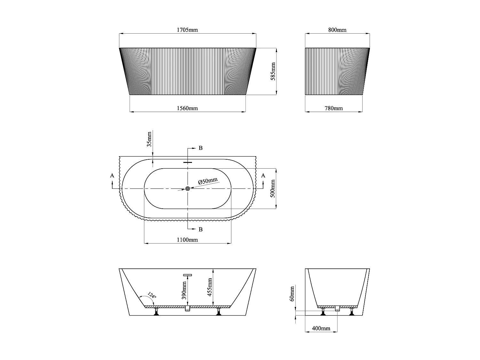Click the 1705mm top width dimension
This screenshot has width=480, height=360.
(188, 30)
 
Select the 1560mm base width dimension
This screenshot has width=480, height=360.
(188, 108)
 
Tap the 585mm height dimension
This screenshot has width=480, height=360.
(273, 71)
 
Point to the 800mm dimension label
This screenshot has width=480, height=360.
(337, 30)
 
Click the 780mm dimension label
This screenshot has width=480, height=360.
(334, 108)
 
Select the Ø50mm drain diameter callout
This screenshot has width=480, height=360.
(208, 181)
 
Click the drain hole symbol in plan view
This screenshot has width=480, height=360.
(188, 189)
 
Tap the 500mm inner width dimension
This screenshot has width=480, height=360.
(273, 188)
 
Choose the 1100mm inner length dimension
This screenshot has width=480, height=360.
(188, 240)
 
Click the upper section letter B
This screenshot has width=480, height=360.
(201, 148)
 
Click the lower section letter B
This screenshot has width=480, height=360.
(201, 229)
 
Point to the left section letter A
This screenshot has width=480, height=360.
(112, 175)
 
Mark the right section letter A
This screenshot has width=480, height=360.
(263, 175)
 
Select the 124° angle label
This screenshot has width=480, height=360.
(152, 295)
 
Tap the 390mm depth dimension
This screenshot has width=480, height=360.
(184, 290)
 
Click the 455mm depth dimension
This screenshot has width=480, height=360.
(210, 287)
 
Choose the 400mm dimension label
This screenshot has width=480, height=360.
(321, 328)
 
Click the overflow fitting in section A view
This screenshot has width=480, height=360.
(188, 275)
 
